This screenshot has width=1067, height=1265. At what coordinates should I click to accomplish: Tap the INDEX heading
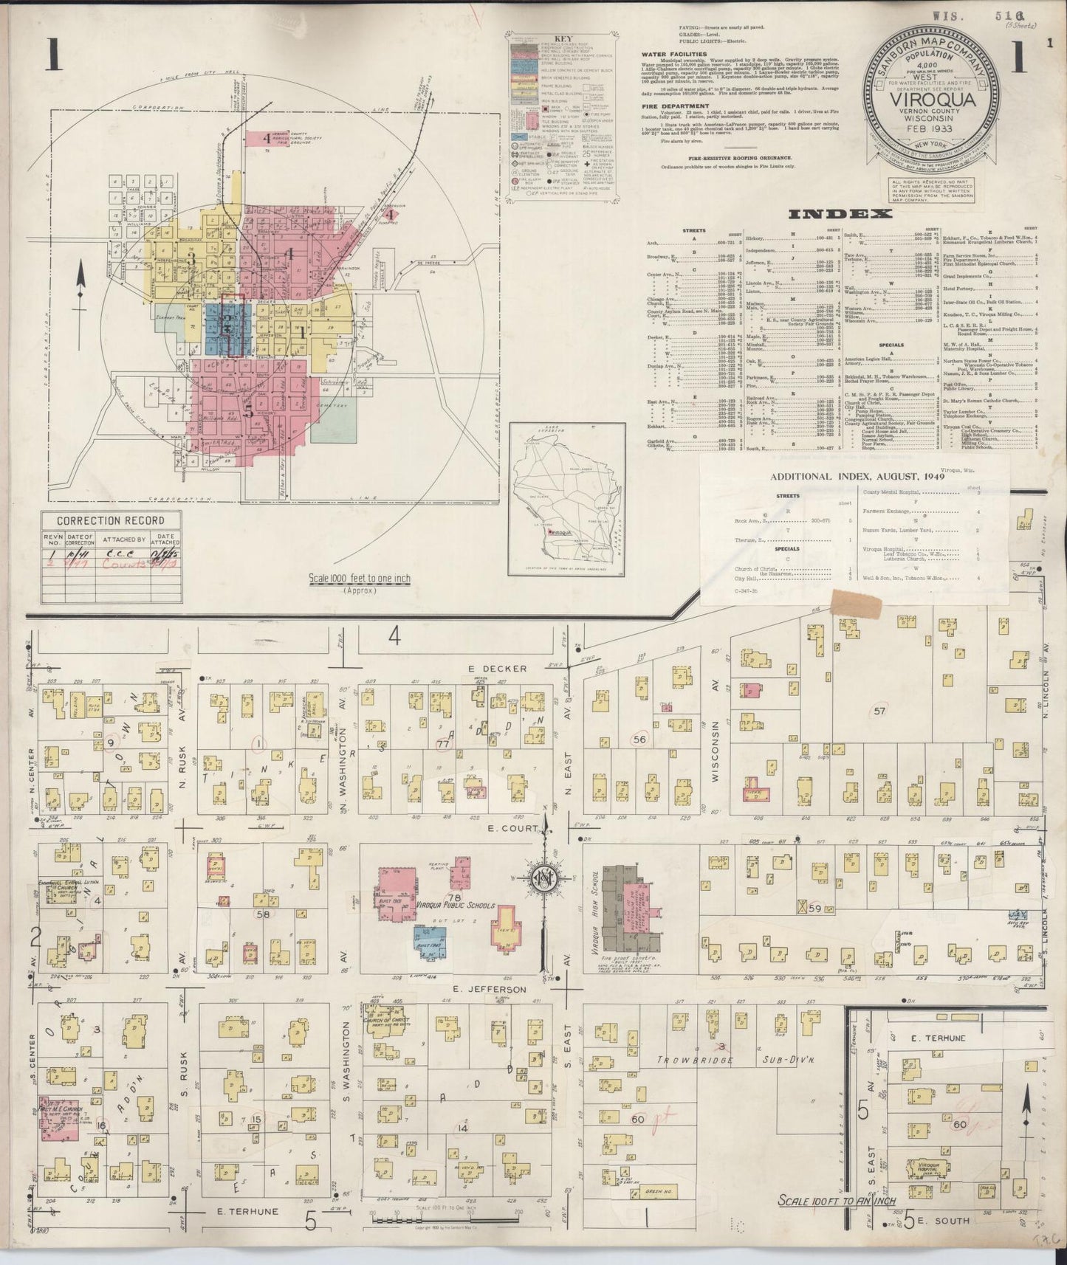pos(840,214)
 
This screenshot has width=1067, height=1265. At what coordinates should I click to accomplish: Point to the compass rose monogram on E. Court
pos(543,878)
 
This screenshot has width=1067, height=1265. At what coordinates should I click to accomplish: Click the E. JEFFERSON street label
pos(490,989)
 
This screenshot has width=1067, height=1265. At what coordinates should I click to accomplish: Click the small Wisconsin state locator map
pos(568,500)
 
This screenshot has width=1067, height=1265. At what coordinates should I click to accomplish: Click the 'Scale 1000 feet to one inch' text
pos(360,579)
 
